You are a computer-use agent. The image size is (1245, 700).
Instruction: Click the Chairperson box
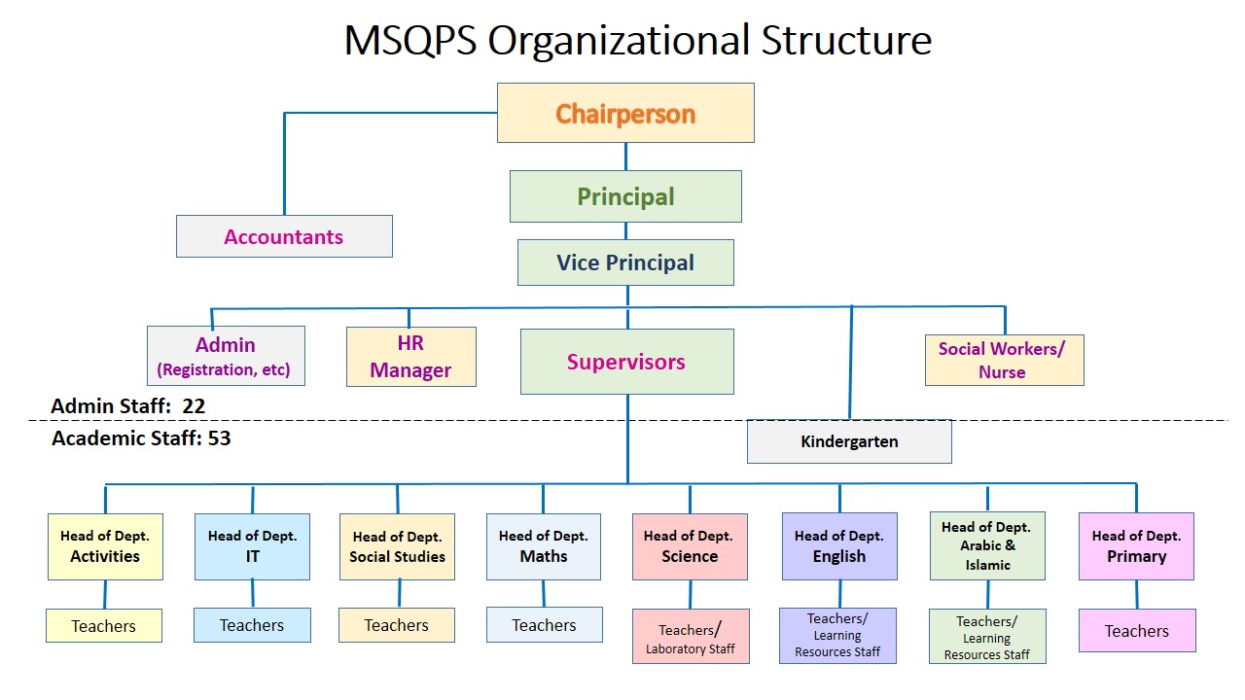(625, 113)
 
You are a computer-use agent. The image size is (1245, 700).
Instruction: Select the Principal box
(625, 196)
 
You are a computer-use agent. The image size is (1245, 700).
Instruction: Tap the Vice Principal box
(625, 262)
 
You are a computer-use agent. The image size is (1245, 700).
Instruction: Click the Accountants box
(284, 236)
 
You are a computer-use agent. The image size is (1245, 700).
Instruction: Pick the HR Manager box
(411, 357)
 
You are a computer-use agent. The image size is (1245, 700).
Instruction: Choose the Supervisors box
(627, 362)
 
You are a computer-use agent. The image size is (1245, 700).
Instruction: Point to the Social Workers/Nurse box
(1005, 360)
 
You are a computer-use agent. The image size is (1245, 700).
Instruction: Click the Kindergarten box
(849, 441)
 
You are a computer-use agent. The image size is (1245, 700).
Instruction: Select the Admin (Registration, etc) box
(226, 356)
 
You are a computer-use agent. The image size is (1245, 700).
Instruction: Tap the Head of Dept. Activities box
(105, 546)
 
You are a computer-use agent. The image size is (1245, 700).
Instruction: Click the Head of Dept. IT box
(252, 546)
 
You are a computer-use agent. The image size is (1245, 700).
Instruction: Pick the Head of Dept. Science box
(690, 546)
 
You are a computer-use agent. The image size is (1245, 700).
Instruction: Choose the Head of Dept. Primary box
(1136, 546)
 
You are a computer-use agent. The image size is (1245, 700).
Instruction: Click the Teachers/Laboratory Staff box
(691, 636)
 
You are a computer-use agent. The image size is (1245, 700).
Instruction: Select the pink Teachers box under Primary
(1137, 631)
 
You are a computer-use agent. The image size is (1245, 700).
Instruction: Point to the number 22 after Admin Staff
(194, 406)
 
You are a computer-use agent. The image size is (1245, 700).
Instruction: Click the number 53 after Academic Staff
(219, 438)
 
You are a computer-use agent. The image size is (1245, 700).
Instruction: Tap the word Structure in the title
(846, 40)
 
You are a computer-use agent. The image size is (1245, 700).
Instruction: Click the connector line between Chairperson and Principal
(625, 157)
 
